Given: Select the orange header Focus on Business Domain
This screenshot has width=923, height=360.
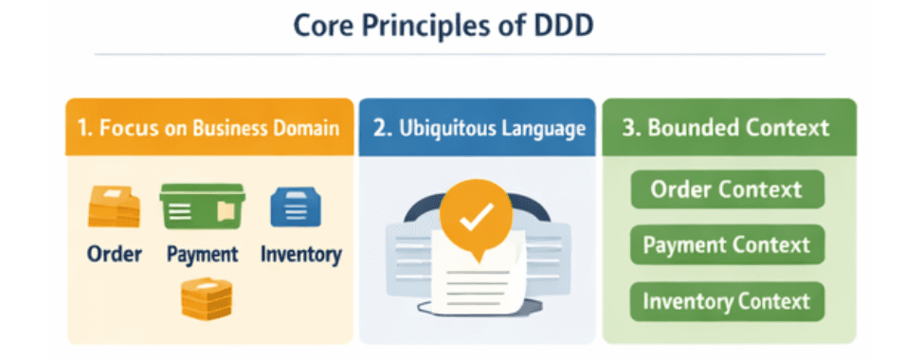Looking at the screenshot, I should point(208,128).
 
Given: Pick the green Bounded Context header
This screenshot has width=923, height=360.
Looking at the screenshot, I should point(729,128).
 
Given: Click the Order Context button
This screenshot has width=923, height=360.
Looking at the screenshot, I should point(727,189).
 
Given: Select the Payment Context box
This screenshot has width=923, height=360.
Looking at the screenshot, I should point(727,245).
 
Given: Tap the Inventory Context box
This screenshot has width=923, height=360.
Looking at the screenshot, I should point(727,302).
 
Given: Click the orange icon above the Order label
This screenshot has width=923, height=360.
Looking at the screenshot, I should point(114,207).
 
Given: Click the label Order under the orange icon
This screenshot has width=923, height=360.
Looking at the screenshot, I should point(114,254).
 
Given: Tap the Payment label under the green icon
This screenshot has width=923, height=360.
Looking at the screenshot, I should point(202,254).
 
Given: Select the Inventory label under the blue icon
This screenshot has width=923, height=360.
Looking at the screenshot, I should point(300,254).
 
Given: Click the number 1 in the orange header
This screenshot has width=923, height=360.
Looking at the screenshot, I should point(83,128).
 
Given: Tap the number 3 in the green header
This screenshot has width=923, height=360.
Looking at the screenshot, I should point(629,128).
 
